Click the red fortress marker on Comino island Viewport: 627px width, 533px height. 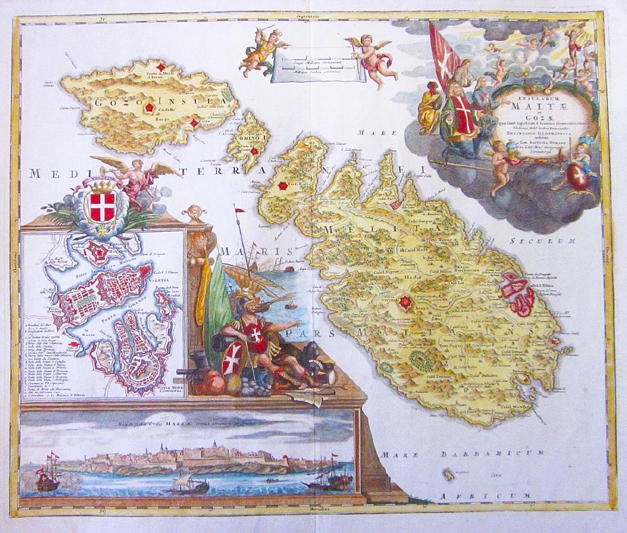[x=255, y=151]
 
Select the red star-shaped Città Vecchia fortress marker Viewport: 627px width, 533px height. [x=405, y=302]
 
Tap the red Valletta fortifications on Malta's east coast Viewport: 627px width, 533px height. [x=519, y=293]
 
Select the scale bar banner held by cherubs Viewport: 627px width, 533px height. [x=316, y=67]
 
